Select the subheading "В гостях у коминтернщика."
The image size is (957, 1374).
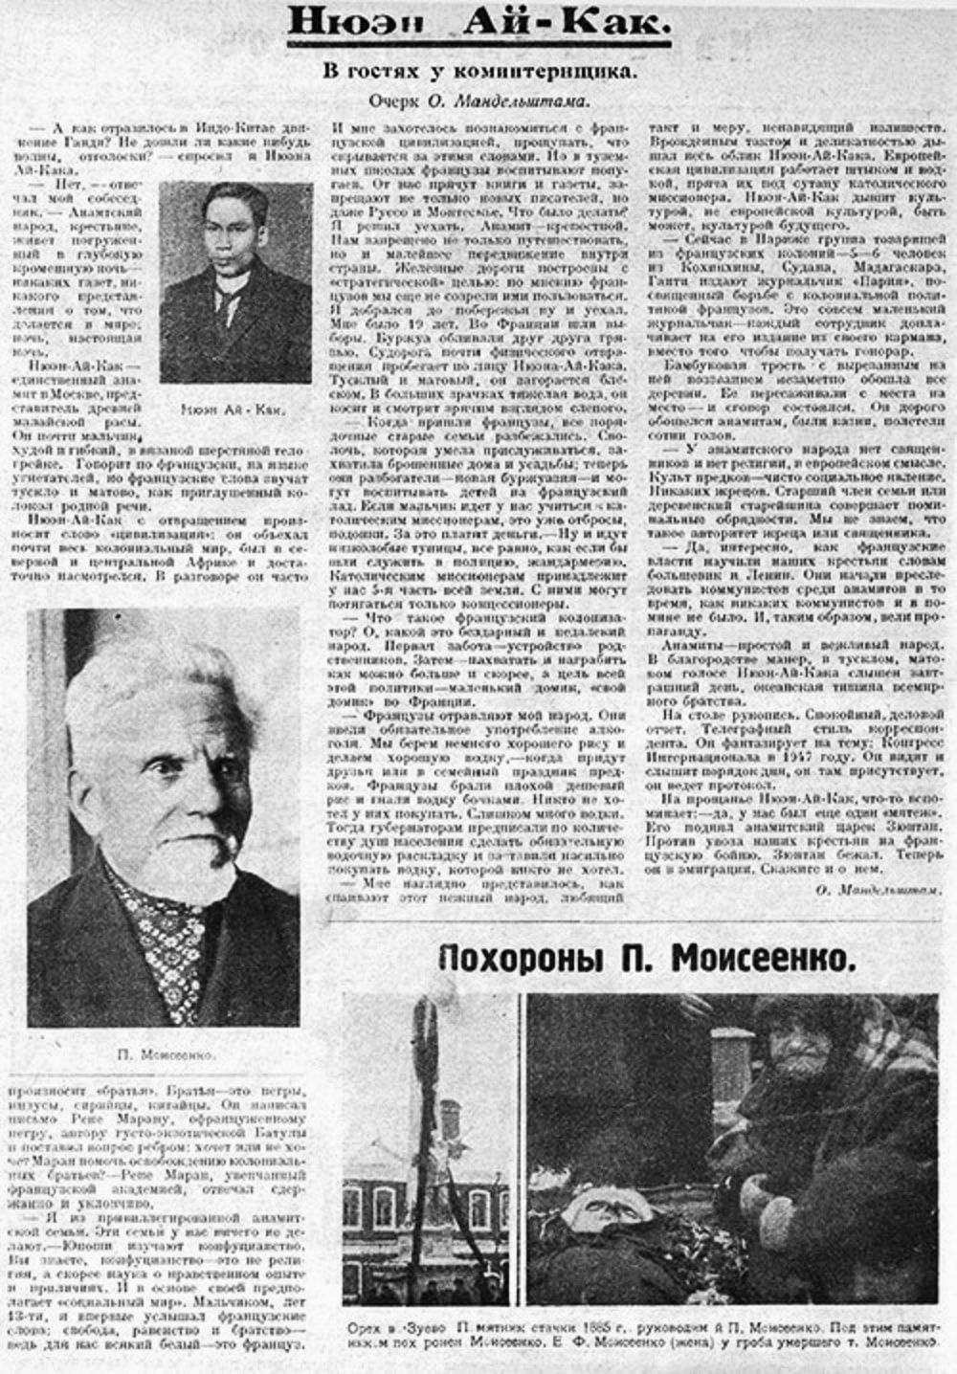pos(478,73)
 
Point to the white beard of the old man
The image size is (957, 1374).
pos(187,852)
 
